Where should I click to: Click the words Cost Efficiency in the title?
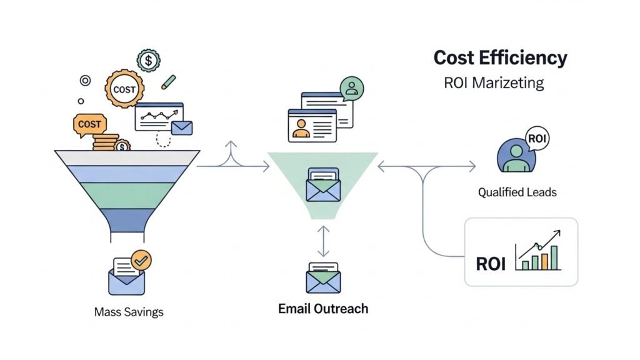(500, 57)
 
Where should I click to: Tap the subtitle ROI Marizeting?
(493, 82)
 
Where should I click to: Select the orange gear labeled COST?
(124, 89)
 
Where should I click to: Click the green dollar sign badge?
(149, 61)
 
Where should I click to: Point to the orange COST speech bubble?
(89, 124)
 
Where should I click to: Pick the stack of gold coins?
(106, 142)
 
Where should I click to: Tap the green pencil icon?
(168, 82)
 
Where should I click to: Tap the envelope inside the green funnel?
(323, 186)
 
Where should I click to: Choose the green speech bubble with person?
(351, 88)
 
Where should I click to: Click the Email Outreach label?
(323, 308)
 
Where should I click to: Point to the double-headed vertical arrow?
(323, 241)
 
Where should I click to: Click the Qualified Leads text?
(517, 192)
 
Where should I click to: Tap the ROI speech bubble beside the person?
(537, 138)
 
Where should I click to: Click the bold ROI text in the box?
(491, 264)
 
